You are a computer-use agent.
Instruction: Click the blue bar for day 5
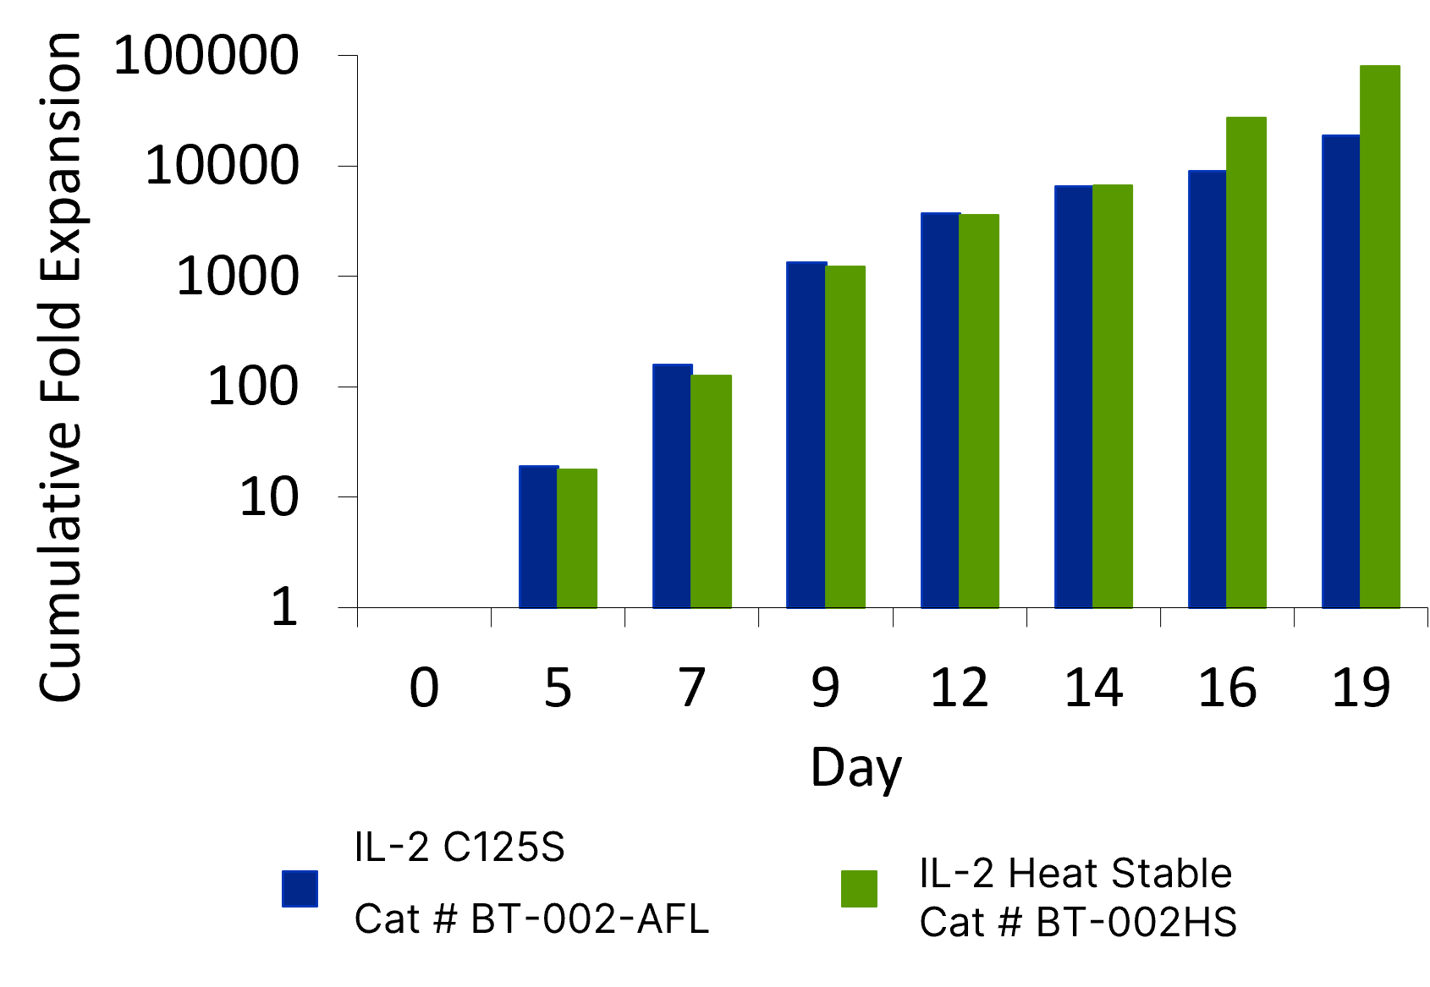[x=538, y=537]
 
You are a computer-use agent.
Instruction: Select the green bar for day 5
[x=577, y=539]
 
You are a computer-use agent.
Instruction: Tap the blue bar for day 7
[x=672, y=486]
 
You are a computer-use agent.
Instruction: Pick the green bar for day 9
[x=845, y=437]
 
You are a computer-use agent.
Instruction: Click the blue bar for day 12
[x=940, y=410]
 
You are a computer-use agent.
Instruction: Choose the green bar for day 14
[x=1113, y=397]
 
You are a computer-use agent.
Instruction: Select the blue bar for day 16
[x=1207, y=389]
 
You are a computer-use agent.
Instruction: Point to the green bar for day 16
[x=1246, y=363]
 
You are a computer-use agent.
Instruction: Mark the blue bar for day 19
[x=1341, y=371]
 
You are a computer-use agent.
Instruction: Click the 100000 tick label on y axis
[x=206, y=56]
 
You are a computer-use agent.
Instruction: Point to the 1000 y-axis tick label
[x=237, y=277]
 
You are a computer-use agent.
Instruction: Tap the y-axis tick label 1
[x=284, y=607]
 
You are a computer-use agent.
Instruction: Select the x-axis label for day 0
[x=424, y=688]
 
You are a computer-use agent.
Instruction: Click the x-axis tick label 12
[x=960, y=688]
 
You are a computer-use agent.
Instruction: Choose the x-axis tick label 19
[x=1361, y=688]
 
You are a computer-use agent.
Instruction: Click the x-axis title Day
[x=856, y=768]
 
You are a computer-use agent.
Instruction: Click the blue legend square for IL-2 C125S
[x=300, y=889]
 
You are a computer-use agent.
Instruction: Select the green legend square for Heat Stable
[x=859, y=889]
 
